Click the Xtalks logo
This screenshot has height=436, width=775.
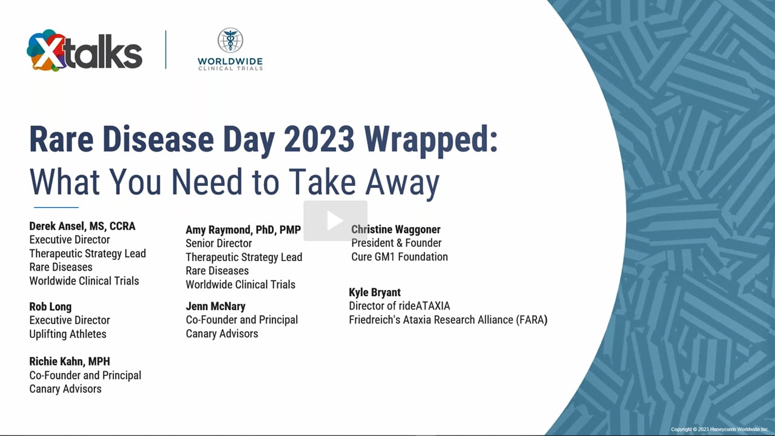84,50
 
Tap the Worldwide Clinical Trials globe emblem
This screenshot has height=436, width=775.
230,40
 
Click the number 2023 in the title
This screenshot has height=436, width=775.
319,139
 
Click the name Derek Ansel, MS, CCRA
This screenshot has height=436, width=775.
82,226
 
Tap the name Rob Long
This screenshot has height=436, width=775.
50,307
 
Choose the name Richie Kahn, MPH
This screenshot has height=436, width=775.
70,362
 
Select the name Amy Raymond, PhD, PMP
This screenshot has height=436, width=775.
243,230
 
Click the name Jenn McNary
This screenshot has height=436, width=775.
216,306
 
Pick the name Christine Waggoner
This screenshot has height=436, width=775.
396,230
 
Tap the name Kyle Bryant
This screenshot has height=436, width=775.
375,292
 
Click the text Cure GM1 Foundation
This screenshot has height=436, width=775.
400,257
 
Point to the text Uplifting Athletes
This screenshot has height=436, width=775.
68,334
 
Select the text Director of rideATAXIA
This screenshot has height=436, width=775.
399,306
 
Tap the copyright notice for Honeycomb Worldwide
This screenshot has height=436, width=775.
720,429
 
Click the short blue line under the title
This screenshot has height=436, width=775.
56,207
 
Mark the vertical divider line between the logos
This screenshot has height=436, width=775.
166,50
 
